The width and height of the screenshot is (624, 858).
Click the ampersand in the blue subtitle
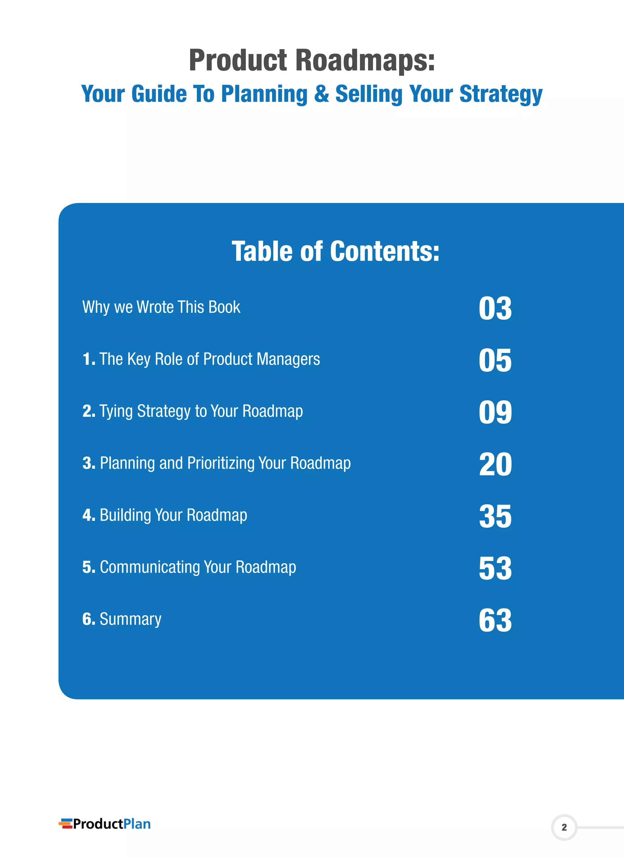point(321,94)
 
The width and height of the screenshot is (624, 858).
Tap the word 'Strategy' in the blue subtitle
point(501,94)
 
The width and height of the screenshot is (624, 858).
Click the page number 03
point(495,308)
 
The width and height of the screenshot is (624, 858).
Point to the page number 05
point(495,360)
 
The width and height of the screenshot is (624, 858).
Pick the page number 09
point(495,412)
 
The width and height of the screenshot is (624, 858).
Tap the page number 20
point(495,464)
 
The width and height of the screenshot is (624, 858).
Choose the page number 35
point(495,516)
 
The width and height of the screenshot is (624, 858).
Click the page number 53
point(495,568)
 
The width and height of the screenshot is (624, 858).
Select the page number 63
point(495,620)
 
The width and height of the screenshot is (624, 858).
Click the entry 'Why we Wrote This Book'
point(161,307)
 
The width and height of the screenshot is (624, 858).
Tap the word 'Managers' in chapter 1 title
point(288,359)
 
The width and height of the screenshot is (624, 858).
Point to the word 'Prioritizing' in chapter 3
point(221,463)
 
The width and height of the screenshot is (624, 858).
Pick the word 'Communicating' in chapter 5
point(150,567)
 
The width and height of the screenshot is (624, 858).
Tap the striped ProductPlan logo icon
point(66,824)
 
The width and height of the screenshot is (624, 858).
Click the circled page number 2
point(564,827)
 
